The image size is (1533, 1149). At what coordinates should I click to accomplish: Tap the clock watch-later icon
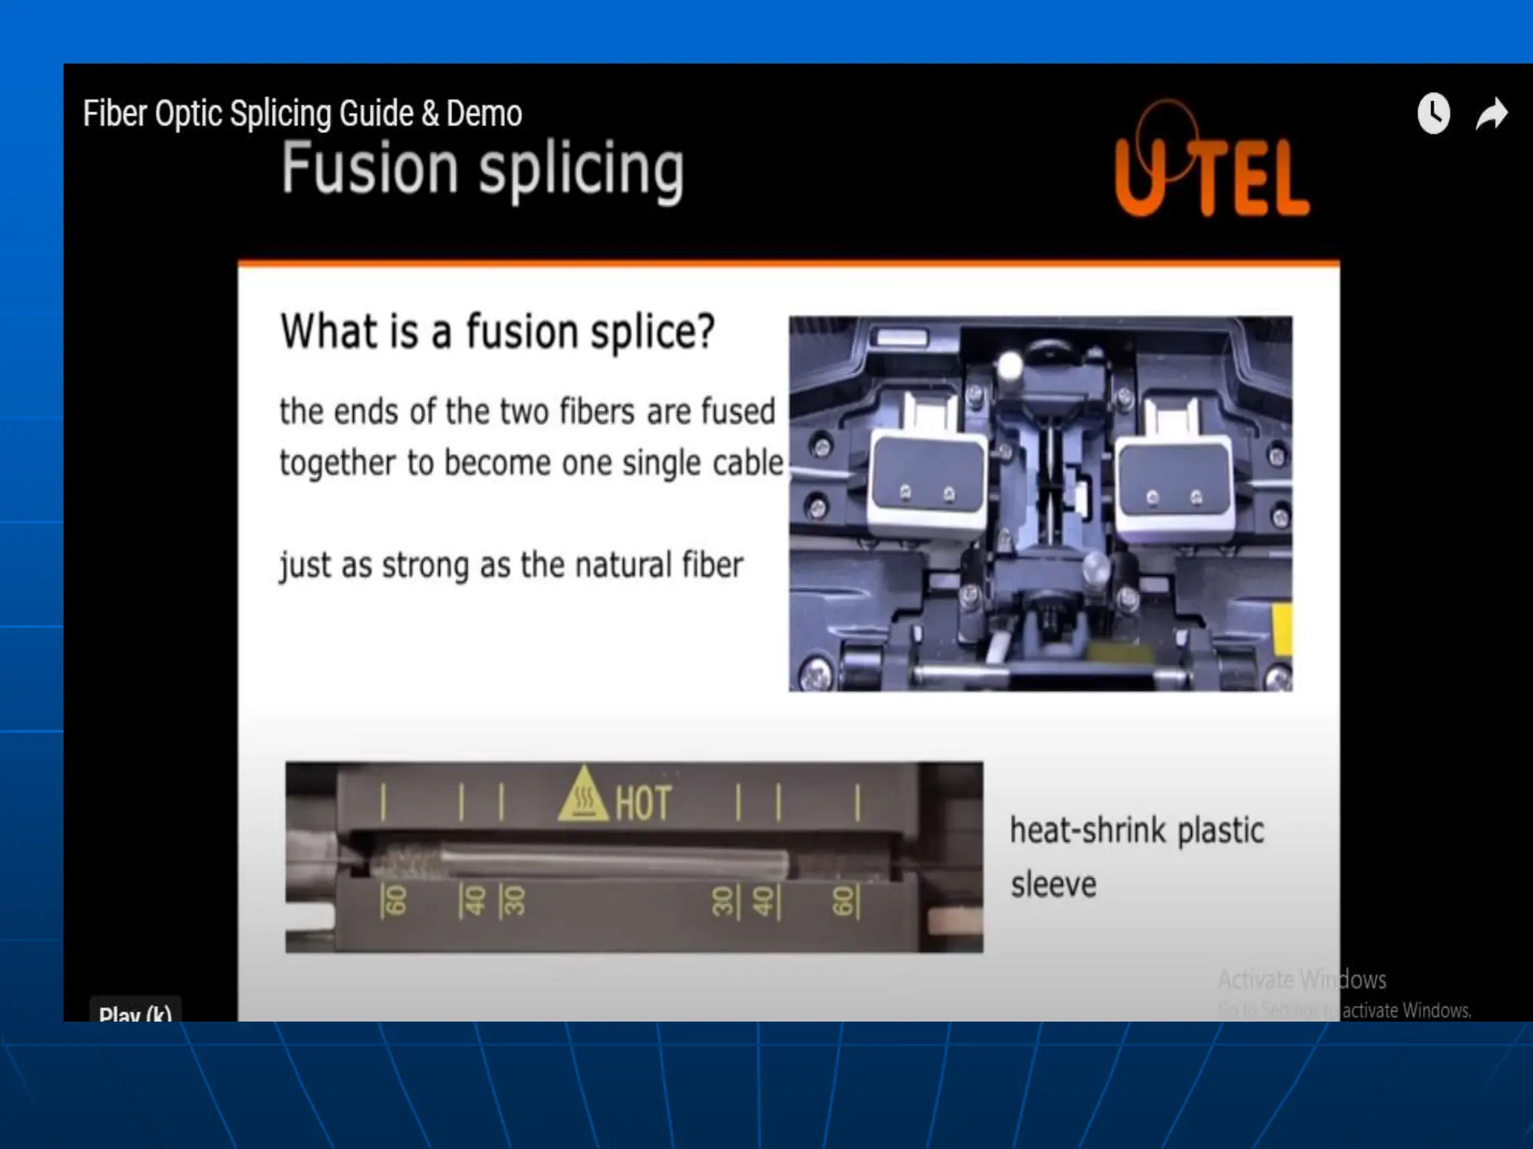tap(1433, 114)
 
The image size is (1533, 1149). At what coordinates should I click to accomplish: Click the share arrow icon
tap(1491, 114)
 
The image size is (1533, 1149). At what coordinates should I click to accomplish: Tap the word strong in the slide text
tap(426, 566)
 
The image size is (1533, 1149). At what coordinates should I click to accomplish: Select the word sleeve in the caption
tap(1053, 885)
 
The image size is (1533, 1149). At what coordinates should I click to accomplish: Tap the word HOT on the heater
tap(643, 803)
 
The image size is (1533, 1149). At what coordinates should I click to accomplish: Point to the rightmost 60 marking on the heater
tap(844, 901)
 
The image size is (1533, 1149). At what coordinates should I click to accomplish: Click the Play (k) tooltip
tap(135, 1012)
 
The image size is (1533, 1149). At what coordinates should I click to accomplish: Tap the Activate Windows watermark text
tap(1302, 979)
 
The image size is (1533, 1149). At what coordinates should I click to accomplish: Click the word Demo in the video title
tap(484, 114)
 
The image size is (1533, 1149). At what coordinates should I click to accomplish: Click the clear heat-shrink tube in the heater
tap(614, 860)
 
